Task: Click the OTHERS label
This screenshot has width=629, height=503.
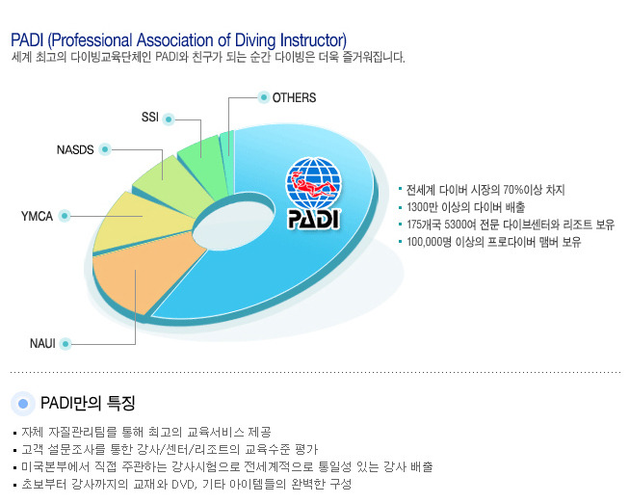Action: coord(294,97)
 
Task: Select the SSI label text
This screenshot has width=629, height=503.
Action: coord(150,118)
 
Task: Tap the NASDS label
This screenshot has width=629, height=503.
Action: coord(75,149)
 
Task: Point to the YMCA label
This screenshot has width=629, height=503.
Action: coord(37,217)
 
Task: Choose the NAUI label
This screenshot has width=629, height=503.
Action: coord(42,344)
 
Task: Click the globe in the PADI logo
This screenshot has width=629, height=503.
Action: coord(314,183)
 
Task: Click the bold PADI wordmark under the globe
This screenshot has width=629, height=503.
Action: coord(314,220)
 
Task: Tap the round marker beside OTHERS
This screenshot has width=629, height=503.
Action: coord(264,97)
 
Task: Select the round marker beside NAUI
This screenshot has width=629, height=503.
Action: coord(66,344)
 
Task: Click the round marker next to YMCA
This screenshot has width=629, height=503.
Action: coord(65,216)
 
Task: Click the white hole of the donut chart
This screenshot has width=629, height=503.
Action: coord(234,226)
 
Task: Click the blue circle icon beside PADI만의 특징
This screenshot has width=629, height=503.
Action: coord(23,404)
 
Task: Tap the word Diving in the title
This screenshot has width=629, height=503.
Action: coord(255,40)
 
